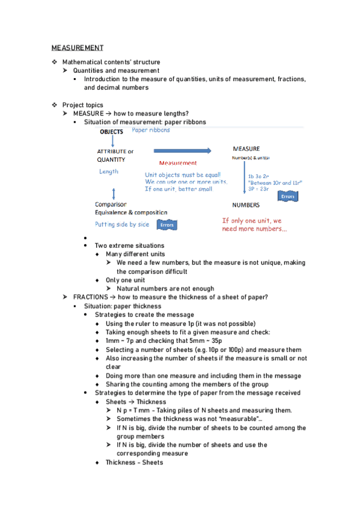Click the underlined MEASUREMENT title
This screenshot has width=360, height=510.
coord(78,48)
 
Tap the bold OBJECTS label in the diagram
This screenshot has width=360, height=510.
coord(111,131)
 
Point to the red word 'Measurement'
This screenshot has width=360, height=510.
coord(178,163)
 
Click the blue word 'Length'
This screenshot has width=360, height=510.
coord(109,171)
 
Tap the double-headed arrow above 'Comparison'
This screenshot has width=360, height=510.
coord(114,192)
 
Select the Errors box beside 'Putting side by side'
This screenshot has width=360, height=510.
coord(166,225)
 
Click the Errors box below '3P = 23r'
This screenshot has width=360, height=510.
coord(288,196)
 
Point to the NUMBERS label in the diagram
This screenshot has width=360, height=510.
coord(246,204)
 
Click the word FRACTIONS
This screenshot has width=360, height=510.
coord(91,297)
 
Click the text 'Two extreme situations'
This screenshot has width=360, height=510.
coord(129,245)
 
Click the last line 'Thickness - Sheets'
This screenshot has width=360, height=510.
coord(134,462)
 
